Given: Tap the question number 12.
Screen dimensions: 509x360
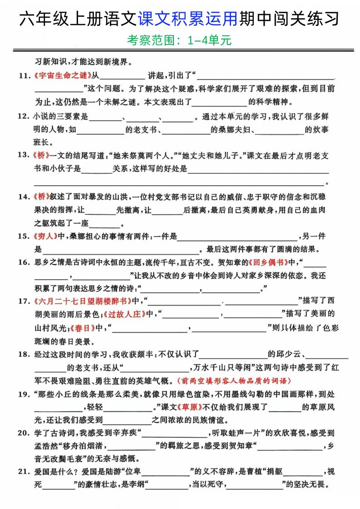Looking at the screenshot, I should tap(23, 117).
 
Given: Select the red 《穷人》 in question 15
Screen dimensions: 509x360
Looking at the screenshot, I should tap(44, 236).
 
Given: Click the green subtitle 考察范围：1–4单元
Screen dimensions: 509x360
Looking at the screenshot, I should tap(180, 41).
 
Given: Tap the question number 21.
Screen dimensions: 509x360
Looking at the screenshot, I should tap(23, 472).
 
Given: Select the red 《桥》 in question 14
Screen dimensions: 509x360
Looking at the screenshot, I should tap(41, 197).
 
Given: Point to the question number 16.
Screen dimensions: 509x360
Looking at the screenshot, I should tap(23, 262).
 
